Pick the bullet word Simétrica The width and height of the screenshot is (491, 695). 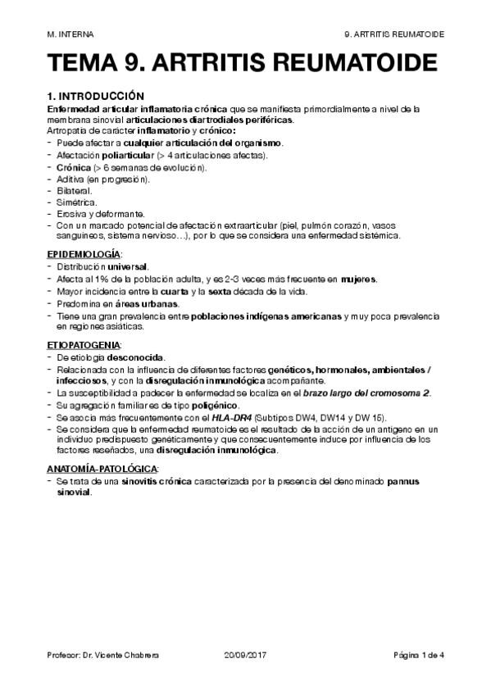(75, 202)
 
